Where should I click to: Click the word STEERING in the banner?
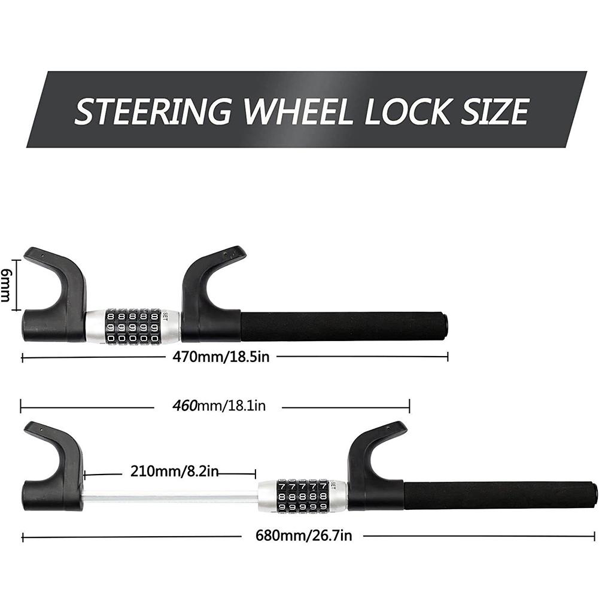point(153,111)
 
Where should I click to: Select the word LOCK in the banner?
point(408,111)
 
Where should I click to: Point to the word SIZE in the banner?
point(495,111)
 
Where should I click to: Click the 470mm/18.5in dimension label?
point(221,357)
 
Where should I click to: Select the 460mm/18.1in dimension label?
point(219,405)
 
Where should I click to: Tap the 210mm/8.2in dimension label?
point(175,471)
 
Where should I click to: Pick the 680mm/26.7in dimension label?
point(304,536)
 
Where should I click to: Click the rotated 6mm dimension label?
point(5,285)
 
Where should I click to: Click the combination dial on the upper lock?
point(133,326)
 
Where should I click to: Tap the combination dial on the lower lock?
point(303,496)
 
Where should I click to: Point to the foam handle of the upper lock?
point(344,327)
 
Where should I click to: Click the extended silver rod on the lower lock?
point(171,498)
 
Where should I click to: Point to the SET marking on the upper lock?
point(165,317)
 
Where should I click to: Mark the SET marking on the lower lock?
point(333,486)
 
